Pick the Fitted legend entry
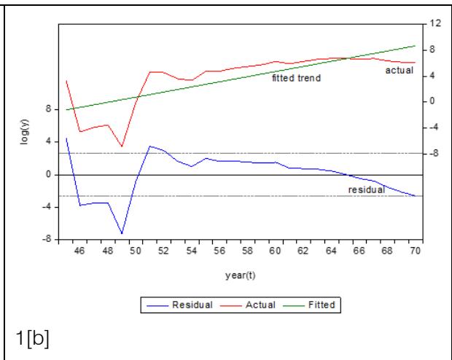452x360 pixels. [x=314, y=305]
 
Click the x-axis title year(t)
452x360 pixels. [x=240, y=275]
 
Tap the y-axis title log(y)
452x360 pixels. [x=25, y=133]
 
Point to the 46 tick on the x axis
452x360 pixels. [x=79, y=251]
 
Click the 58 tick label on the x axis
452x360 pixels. [x=248, y=251]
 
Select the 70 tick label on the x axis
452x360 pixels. [x=416, y=251]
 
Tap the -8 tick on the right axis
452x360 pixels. [x=435, y=153]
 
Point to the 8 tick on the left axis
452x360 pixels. [x=47, y=110]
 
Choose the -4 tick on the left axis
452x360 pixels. [x=46, y=207]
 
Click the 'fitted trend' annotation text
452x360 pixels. [x=296, y=77]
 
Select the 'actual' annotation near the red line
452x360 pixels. [x=399, y=71]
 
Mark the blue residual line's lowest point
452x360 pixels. [x=122, y=234]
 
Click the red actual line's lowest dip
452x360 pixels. [x=122, y=146]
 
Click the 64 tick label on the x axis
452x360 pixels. [x=332, y=251]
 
